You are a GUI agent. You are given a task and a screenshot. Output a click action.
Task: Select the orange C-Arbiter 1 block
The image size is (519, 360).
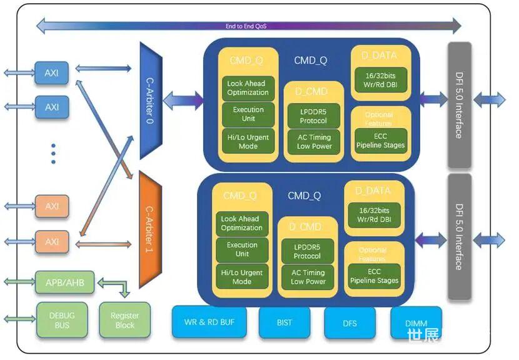[x=151, y=228]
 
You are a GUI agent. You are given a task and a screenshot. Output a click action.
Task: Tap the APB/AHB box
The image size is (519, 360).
[x=65, y=282]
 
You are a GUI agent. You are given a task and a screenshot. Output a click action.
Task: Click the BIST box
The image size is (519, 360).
[x=284, y=322]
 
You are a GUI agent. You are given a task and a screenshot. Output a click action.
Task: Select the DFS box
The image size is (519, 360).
[x=350, y=322]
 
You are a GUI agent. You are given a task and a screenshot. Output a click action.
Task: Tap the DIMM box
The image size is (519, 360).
[x=416, y=322]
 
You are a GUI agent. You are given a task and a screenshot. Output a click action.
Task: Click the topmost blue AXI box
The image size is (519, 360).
[x=51, y=73]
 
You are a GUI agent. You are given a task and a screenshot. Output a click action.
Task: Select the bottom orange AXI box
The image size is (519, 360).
[x=51, y=241]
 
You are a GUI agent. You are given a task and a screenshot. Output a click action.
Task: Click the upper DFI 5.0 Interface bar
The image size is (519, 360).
[x=459, y=105]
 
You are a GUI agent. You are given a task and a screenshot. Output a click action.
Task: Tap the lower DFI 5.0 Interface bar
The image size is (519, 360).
[x=459, y=236]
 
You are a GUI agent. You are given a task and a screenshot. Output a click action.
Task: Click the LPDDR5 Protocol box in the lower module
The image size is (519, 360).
[x=307, y=251]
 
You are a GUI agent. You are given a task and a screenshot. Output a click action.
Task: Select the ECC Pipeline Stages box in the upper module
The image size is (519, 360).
[x=380, y=141]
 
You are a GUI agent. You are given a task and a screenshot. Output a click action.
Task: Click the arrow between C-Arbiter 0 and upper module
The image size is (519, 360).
[x=183, y=99]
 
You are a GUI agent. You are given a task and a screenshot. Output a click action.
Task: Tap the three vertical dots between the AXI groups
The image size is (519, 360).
[x=53, y=153]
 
